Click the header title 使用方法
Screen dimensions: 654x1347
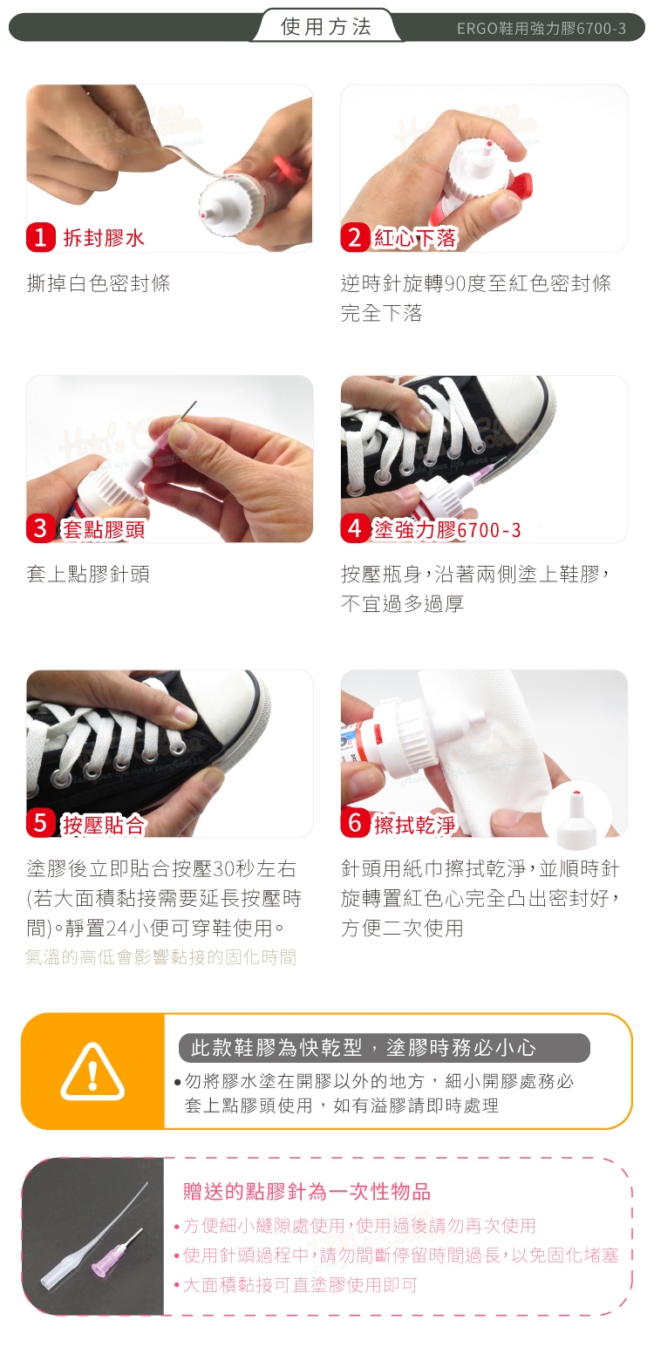(x=326, y=26)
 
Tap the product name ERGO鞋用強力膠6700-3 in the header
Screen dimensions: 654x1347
(x=541, y=28)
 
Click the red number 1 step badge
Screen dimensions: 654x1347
(x=40, y=237)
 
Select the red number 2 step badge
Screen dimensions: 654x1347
(x=355, y=237)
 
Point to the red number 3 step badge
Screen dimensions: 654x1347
(x=40, y=528)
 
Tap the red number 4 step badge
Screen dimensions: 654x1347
(x=355, y=528)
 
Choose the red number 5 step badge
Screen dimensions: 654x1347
(x=40, y=823)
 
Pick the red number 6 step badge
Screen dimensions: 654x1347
(x=355, y=823)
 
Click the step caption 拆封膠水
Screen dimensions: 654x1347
(x=104, y=238)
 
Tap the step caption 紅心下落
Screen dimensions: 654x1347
(x=415, y=238)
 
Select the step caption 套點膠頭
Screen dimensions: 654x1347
(x=104, y=529)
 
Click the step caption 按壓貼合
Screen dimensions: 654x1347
(x=104, y=824)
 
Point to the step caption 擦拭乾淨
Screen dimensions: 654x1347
(x=415, y=824)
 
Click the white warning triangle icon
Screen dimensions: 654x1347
(x=92, y=1071)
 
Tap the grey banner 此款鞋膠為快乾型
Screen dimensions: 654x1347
(x=385, y=1048)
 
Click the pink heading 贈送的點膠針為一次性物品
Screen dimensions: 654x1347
(x=307, y=1191)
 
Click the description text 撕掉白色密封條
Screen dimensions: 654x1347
(x=99, y=283)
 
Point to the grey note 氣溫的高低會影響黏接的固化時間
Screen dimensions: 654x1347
(x=161, y=956)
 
